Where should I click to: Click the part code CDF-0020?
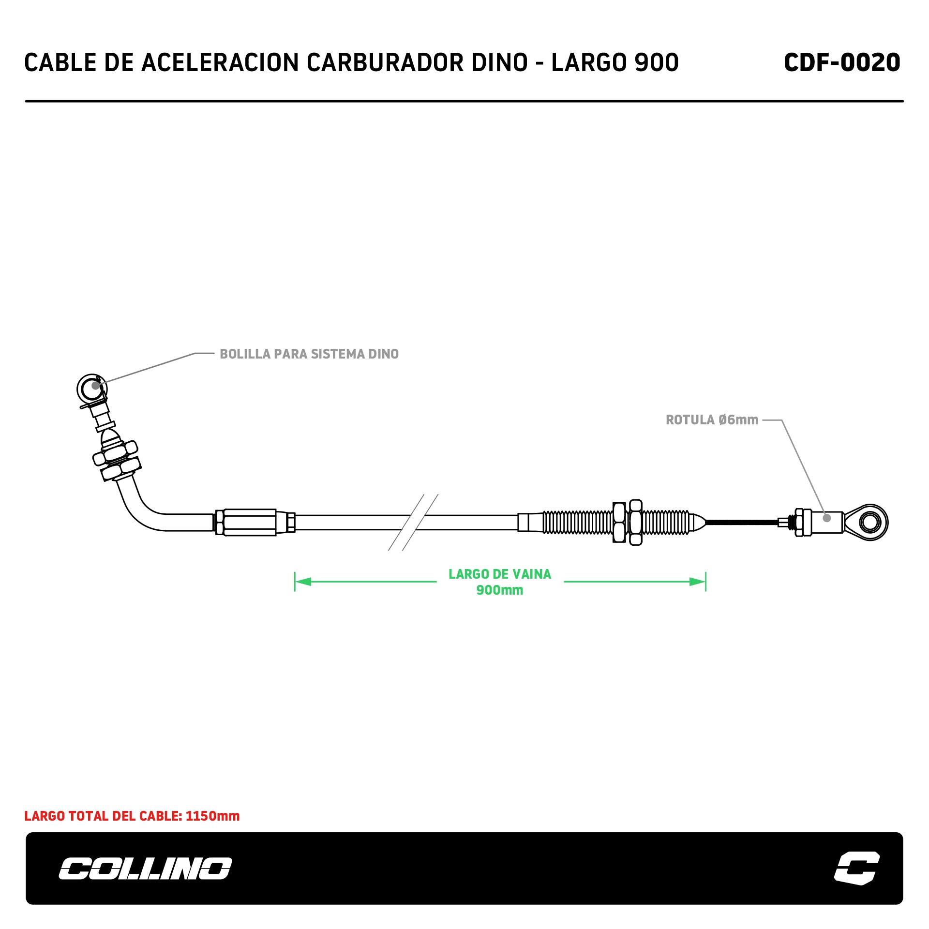tap(841, 62)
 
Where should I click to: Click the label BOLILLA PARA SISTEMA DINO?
tap(309, 354)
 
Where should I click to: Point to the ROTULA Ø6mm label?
tap(712, 420)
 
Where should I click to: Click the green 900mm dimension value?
tap(500, 590)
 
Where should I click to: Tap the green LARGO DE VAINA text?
tap(500, 574)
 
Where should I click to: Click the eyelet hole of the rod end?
tap(870, 523)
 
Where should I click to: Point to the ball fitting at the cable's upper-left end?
tap(91, 388)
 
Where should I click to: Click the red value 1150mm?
tap(212, 816)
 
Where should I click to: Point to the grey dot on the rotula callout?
tap(827, 518)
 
